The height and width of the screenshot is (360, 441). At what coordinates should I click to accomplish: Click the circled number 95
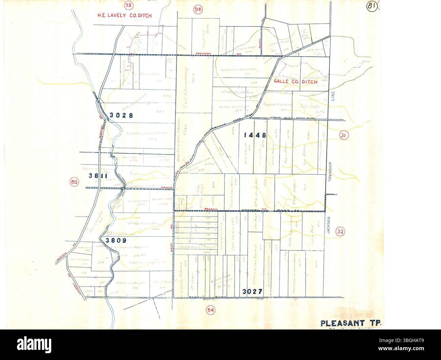[118, 5]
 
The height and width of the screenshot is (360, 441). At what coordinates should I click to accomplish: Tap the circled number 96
[198, 10]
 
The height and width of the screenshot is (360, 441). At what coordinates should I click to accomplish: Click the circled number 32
[340, 232]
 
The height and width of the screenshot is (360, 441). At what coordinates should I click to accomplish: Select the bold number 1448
[254, 135]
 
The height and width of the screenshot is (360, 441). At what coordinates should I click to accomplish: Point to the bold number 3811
[98, 176]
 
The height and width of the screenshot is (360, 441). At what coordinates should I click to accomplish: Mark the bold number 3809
[116, 240]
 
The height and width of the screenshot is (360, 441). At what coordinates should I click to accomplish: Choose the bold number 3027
[253, 291]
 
